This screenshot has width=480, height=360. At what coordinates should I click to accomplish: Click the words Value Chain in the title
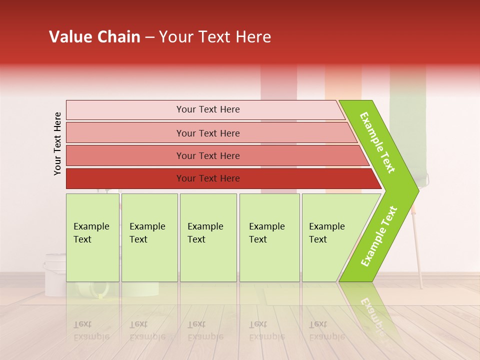[94, 37]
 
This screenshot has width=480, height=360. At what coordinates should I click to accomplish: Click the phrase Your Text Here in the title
[215, 37]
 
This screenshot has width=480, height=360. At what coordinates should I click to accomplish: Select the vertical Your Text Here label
[58, 143]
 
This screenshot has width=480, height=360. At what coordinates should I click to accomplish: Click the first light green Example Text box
[92, 237]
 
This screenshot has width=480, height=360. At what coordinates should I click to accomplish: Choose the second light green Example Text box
[149, 237]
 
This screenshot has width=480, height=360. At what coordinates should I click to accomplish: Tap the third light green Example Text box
[208, 237]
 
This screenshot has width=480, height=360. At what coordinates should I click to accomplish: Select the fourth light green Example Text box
[269, 237]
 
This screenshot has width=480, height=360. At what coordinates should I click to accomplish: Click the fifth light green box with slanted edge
[330, 237]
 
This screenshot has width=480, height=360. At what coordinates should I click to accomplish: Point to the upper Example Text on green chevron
[377, 142]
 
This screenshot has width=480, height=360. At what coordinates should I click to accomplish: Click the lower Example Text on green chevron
[379, 236]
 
